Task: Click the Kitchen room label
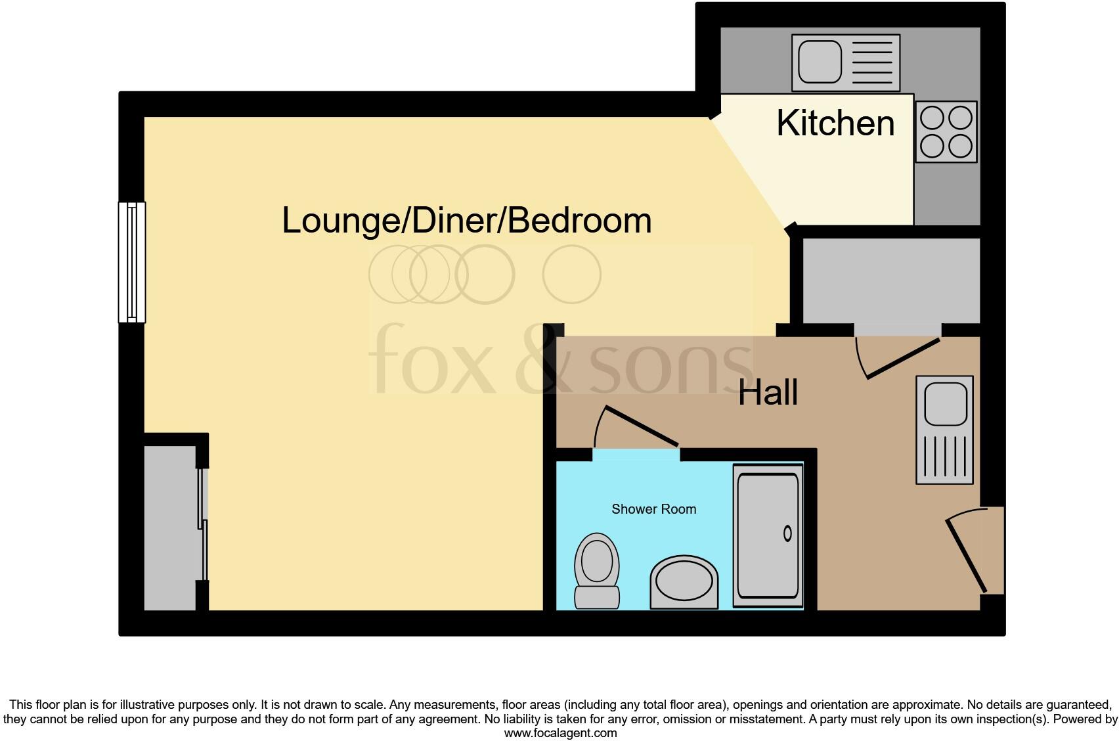click(x=835, y=123)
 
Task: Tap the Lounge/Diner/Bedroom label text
click(x=466, y=221)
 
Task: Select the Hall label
click(x=768, y=393)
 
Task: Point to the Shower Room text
click(x=653, y=509)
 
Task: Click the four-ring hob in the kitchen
click(x=946, y=132)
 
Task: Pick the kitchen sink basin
click(x=819, y=62)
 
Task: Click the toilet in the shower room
click(x=597, y=570)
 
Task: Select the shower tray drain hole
click(x=787, y=533)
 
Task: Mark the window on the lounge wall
click(x=132, y=262)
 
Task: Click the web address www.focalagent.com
click(x=559, y=732)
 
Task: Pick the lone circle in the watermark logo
click(x=571, y=275)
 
